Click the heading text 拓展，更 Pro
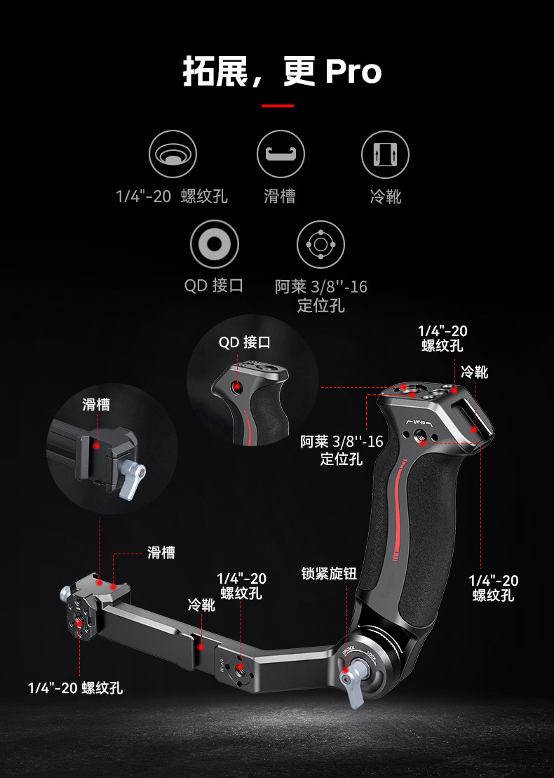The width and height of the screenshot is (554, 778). coord(282,72)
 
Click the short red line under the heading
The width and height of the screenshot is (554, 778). coord(277,106)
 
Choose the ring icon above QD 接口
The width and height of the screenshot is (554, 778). coord(215,244)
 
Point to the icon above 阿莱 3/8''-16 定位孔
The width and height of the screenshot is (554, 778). coord(320,244)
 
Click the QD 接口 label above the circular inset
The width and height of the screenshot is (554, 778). coord(244,342)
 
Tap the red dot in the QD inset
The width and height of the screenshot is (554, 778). coord(238,386)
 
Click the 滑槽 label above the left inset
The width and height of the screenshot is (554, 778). coord(96,404)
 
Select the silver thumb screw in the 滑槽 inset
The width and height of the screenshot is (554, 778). coord(133,481)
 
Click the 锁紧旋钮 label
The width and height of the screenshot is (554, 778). coord(329,574)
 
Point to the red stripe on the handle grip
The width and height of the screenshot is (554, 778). coord(398,505)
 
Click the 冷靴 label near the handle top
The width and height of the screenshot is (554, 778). coord(475,372)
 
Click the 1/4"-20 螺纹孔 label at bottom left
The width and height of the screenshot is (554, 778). coord(75,688)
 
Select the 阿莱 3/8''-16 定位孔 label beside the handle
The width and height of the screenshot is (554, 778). coord(342,450)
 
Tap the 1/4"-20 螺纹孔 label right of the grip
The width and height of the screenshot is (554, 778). coord(493,588)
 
